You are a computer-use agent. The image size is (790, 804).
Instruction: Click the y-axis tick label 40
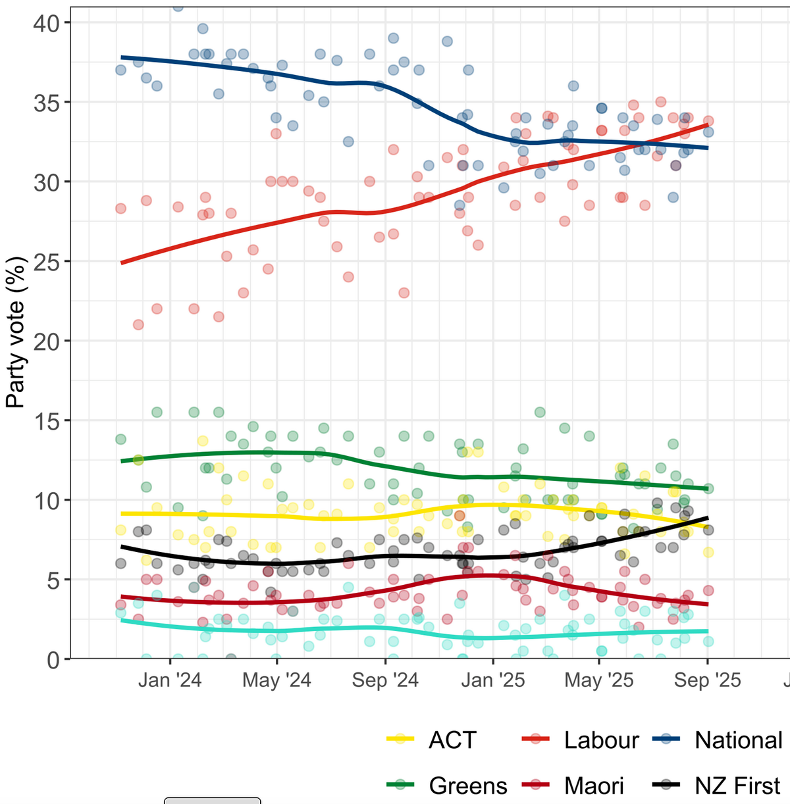(46, 23)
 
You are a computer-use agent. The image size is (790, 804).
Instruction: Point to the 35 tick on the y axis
(46, 103)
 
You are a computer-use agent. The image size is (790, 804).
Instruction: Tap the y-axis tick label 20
(46, 341)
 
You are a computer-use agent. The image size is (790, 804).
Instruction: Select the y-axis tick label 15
(46, 420)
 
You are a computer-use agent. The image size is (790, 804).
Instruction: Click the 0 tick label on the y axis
(53, 659)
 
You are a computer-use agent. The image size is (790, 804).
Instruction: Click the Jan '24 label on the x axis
(170, 680)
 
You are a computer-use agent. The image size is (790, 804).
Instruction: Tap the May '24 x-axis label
(276, 680)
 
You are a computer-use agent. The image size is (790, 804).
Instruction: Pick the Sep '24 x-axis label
(385, 680)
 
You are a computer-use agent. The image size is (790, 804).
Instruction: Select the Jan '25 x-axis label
(493, 680)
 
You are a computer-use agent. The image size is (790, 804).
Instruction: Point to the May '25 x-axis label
(599, 680)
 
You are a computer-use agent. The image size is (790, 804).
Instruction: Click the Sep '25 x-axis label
(708, 680)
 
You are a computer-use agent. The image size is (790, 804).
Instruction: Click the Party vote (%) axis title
(16, 332)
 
